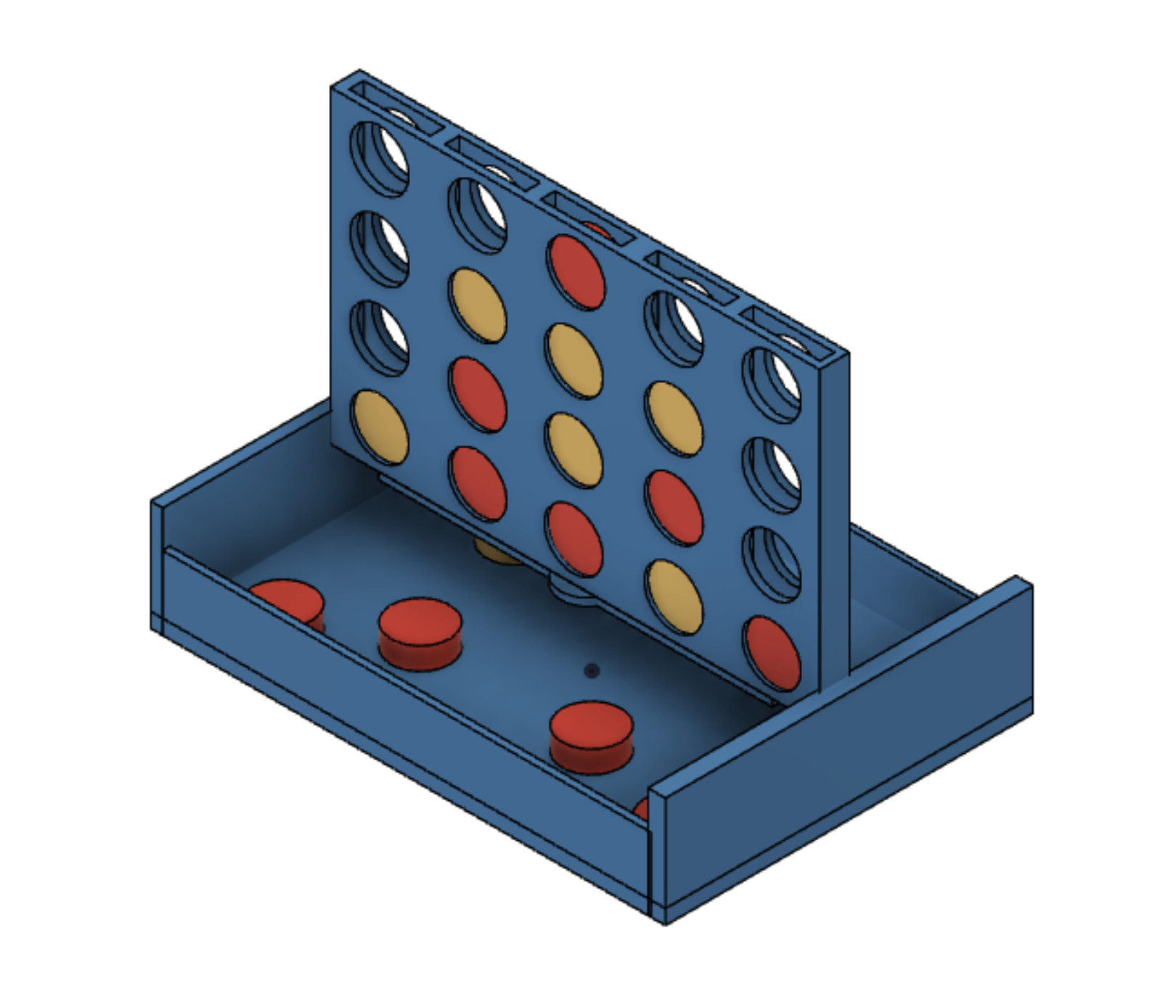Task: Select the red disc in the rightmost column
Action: pos(771,654)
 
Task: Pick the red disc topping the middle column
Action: pos(576,271)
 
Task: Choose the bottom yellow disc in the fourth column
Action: pos(674,597)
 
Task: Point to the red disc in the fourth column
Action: pos(674,508)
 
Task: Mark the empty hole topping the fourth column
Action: pos(674,328)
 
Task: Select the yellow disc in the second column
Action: pos(478,305)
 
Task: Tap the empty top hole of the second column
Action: pos(477,215)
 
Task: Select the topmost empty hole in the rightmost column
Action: pos(772,384)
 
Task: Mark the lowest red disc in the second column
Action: pos(478,483)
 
